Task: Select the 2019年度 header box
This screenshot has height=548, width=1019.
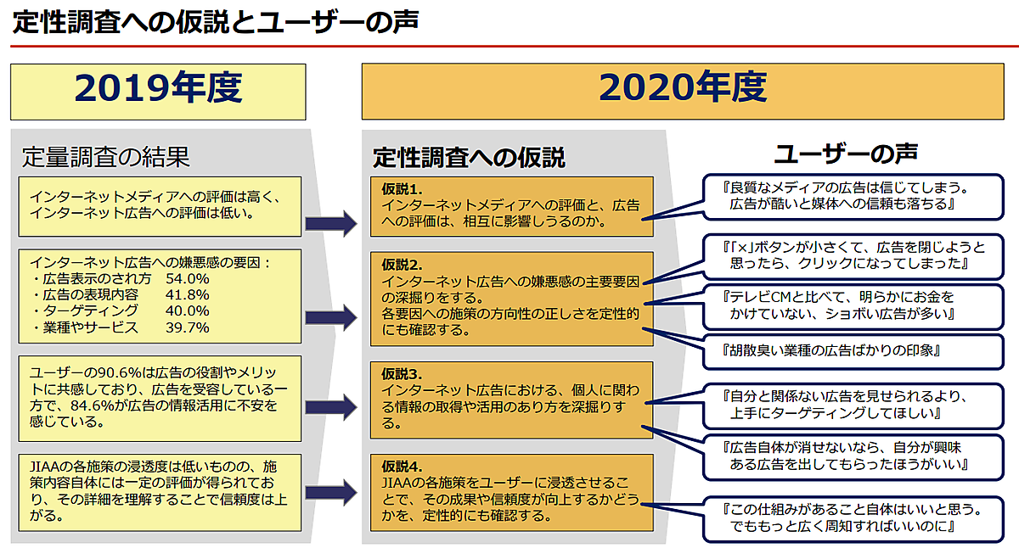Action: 158,91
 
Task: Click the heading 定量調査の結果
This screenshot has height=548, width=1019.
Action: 105,157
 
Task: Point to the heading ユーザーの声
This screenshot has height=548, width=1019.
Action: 847,154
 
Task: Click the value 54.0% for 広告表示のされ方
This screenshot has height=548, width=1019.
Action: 188,278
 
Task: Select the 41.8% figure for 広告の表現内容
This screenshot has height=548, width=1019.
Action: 188,294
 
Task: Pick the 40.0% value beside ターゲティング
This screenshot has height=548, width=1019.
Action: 188,310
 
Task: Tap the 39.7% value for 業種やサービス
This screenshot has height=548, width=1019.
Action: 188,327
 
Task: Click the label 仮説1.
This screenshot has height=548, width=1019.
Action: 403,189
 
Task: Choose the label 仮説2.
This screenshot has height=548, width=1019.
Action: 403,264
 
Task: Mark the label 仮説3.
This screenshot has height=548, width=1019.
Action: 403,373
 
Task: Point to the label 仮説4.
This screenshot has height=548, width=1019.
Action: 403,467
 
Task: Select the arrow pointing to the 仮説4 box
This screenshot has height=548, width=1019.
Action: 330,492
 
